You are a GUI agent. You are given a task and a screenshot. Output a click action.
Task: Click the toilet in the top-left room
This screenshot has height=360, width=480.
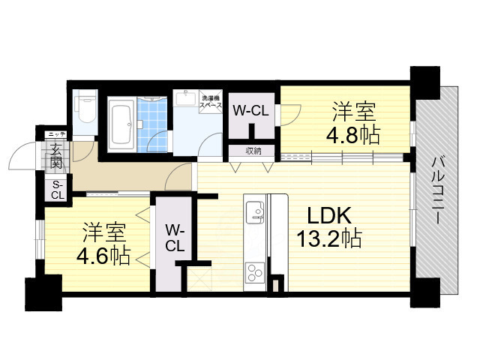coord(85,109)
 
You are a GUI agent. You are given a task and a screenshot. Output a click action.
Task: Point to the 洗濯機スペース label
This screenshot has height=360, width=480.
coord(211,101)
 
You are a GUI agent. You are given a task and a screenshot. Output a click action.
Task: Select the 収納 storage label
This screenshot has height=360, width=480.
coord(253,151)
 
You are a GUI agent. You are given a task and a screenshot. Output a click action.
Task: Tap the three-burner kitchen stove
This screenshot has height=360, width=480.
coord(255,269)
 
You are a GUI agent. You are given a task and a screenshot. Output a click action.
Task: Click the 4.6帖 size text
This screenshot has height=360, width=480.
coord(103,255)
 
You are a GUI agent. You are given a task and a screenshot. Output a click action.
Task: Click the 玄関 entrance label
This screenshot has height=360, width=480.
coord(57,157)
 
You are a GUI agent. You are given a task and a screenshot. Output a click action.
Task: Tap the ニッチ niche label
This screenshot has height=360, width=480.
coord(57,134)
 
